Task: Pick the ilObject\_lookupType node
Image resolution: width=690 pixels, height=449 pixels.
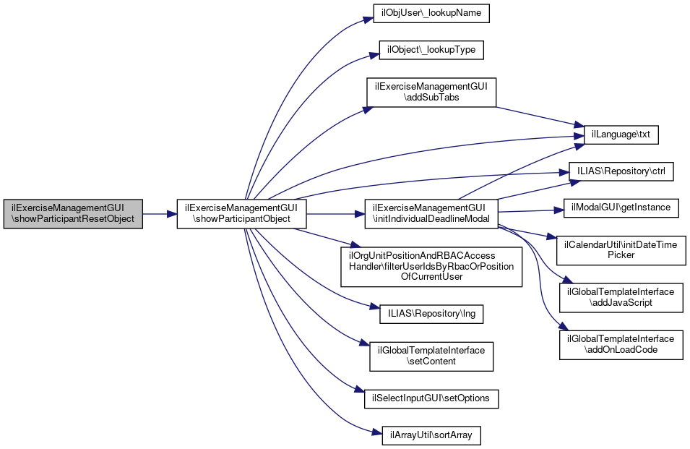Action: [431, 51]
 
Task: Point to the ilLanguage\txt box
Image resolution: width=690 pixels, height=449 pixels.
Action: [615, 134]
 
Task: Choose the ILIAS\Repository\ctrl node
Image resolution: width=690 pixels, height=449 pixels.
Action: [622, 172]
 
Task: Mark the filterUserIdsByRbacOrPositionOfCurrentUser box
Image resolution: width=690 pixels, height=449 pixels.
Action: [431, 267]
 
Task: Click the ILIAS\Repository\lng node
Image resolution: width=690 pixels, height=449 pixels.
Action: [431, 315]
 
